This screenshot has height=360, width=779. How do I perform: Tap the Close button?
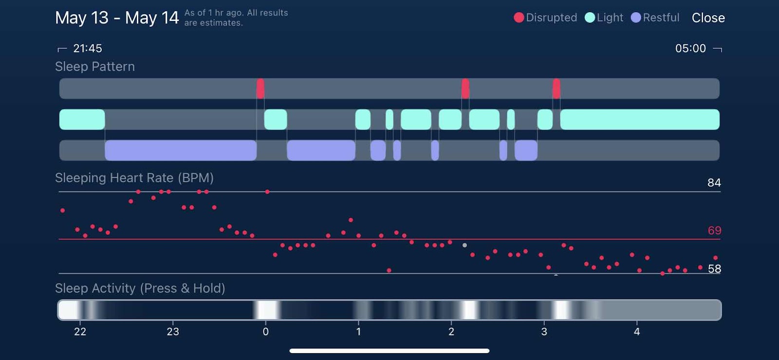tap(708, 18)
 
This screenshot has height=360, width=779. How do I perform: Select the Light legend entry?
tap(604, 18)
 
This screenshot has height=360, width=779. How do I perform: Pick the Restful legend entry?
tap(655, 18)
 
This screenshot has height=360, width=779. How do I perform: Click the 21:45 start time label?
tap(87, 48)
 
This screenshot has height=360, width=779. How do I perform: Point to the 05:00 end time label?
tap(690, 48)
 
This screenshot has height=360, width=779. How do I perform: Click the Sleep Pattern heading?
tap(95, 67)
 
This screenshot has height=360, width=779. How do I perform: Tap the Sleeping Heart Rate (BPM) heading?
tap(134, 178)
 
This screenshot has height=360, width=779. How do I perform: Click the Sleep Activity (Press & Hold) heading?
tap(140, 288)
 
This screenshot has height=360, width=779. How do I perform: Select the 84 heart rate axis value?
tap(714, 183)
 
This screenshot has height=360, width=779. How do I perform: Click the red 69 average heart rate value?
tap(714, 230)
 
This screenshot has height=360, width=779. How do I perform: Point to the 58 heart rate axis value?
tap(714, 269)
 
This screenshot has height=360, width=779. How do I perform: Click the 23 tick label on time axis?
tap(173, 332)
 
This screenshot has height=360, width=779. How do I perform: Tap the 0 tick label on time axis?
tap(265, 332)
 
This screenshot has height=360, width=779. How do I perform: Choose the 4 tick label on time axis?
tap(636, 332)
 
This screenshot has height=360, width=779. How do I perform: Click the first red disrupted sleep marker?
tap(260, 89)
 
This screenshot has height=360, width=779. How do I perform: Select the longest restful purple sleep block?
tap(181, 150)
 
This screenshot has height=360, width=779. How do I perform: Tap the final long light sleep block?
tap(639, 119)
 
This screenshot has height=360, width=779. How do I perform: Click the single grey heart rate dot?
tap(464, 245)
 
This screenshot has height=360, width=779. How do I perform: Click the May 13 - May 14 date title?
tap(117, 18)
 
